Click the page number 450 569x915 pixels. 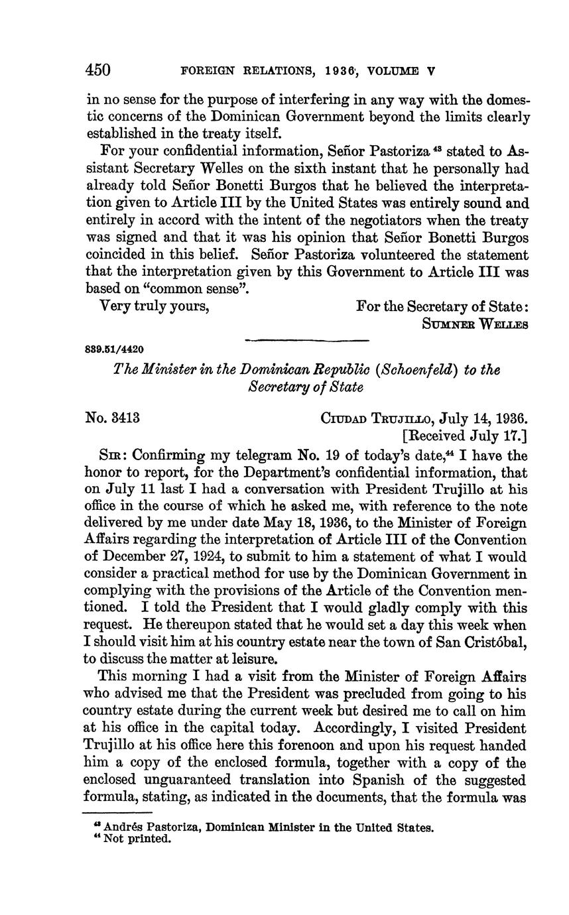(97, 69)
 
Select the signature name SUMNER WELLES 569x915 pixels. (475, 325)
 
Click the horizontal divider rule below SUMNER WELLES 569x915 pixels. (306, 341)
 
